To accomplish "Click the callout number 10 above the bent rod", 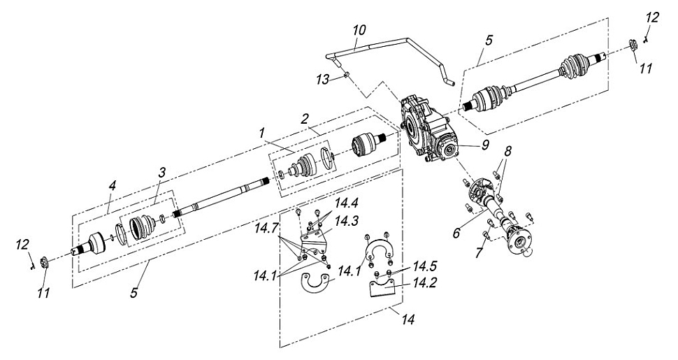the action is (x=359, y=30).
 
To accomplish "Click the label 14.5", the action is (x=424, y=265).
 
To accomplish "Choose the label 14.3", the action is (x=346, y=221).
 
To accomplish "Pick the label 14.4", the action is (x=346, y=202).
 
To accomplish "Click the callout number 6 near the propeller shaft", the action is (x=456, y=233).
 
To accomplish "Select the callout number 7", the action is (x=479, y=252).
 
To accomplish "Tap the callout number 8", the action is (x=507, y=151).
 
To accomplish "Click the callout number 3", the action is (x=161, y=173).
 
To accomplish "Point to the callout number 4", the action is (x=113, y=186).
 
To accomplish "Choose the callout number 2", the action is (x=305, y=118).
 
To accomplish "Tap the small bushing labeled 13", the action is (x=347, y=75).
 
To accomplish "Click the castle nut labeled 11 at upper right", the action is (x=632, y=45).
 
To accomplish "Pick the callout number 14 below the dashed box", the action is (x=407, y=319).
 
